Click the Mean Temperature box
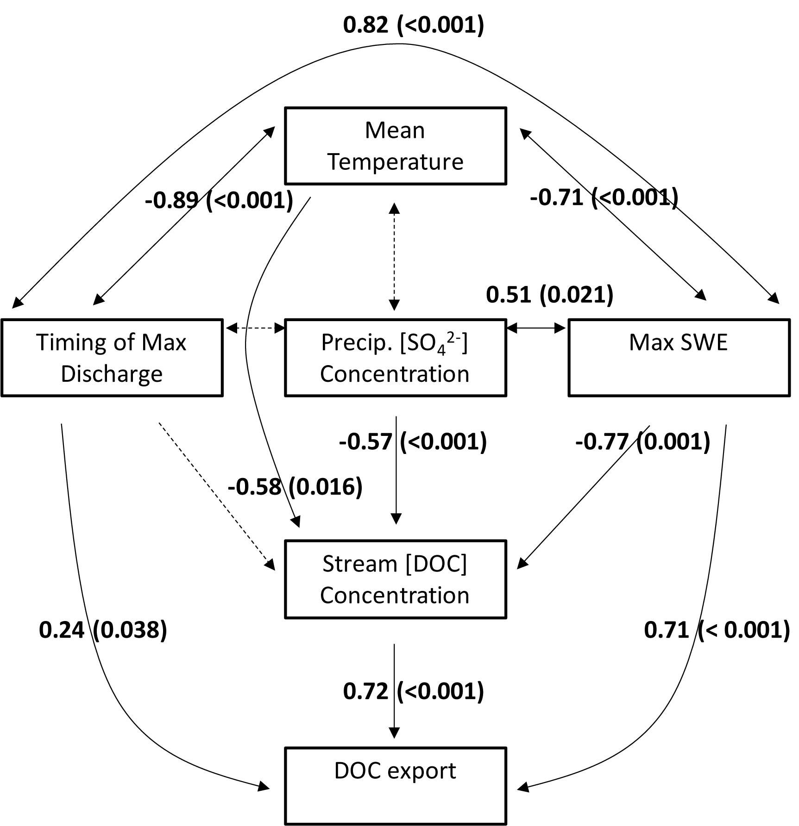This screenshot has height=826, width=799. tap(395, 146)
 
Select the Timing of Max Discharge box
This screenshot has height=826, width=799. tap(112, 358)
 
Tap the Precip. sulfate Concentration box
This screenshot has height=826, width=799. tap(395, 358)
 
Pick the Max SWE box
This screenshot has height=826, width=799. tap(679, 358)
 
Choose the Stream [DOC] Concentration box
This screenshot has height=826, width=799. tap(395, 579)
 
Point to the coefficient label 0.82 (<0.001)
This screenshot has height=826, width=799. tap(413, 25)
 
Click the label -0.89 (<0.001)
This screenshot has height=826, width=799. tap(219, 200)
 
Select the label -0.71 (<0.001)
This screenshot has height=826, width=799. tap(604, 198)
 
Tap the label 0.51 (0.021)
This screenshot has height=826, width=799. tap(549, 294)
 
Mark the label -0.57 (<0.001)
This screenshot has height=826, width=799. tap(413, 441)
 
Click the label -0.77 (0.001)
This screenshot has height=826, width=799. tap(642, 441)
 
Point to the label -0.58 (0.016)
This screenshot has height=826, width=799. tap(295, 486)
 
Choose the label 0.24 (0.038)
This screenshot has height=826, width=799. tap(103, 630)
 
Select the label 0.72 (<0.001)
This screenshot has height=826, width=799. tap(413, 691)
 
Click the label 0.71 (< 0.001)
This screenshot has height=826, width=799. tap(717, 630)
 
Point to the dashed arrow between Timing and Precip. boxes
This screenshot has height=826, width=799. tap(255, 328)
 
